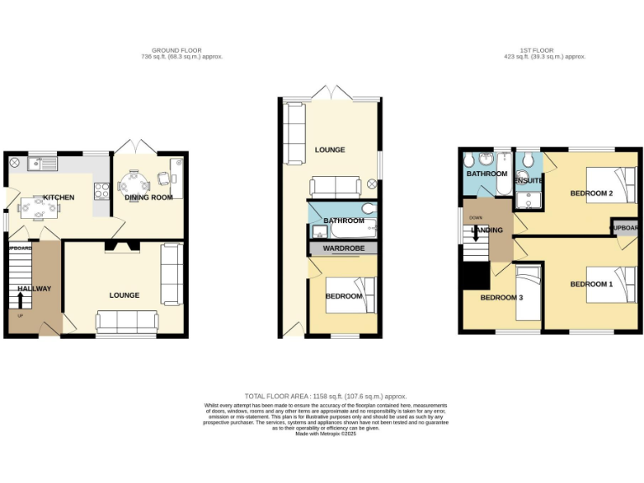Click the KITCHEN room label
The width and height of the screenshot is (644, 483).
(x=59, y=197)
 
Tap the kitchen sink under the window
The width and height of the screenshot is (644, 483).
(x=40, y=163)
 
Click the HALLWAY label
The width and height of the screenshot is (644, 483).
(x=34, y=288)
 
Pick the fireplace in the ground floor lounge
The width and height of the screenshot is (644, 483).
(x=117, y=246)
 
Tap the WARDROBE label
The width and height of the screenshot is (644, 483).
(x=343, y=248)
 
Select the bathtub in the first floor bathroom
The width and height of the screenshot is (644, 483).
(x=502, y=173)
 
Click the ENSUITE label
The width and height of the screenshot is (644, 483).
(x=528, y=180)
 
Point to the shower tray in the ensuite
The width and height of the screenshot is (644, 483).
(x=529, y=198)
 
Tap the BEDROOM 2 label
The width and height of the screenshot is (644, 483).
(x=591, y=193)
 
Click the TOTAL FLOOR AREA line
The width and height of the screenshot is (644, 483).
(x=325, y=396)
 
